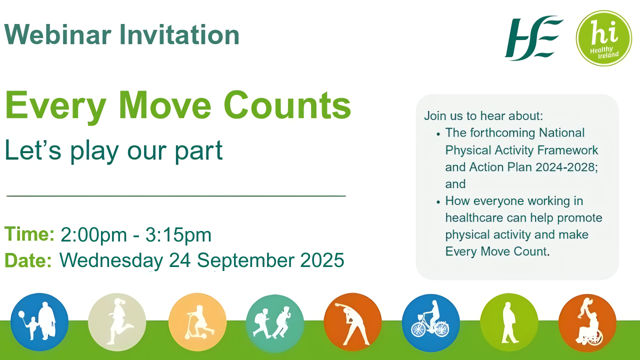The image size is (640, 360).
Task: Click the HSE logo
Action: (x=533, y=37)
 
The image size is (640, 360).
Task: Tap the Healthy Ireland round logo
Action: (x=603, y=38)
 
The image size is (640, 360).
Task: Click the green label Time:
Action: (x=29, y=234)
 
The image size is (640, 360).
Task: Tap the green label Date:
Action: (x=28, y=260)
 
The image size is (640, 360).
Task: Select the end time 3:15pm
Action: (x=178, y=234)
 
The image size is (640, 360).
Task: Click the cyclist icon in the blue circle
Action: (x=430, y=322)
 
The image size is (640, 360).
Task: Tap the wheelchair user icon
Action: (x=587, y=322)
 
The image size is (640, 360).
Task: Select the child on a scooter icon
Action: (x=197, y=322)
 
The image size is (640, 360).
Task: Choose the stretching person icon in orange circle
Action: (x=352, y=322)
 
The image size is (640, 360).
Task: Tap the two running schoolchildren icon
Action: (x=274, y=323)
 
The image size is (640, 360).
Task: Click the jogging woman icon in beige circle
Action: (x=117, y=322)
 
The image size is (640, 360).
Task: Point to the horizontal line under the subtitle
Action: (x=176, y=196)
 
